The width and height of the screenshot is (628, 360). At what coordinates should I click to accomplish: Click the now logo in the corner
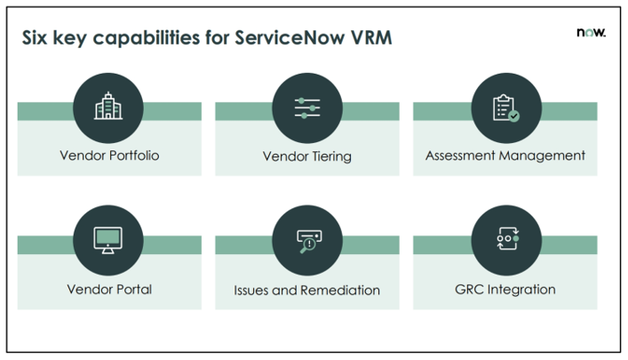(x=591, y=32)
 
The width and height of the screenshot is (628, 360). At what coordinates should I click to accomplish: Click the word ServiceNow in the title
(x=290, y=37)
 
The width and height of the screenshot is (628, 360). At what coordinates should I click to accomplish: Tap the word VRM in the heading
(x=371, y=37)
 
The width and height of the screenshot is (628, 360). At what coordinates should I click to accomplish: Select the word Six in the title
(x=35, y=37)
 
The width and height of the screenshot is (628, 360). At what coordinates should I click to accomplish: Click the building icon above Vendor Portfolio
(x=108, y=106)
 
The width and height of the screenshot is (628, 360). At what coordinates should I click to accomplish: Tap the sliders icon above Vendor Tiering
(x=307, y=108)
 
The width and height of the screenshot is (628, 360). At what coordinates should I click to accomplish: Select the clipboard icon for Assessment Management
(x=505, y=108)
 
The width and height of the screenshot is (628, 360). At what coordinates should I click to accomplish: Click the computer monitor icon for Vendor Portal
(x=107, y=240)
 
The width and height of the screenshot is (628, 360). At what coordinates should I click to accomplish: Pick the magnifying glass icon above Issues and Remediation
(x=309, y=242)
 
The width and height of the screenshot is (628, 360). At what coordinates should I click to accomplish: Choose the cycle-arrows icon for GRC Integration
(x=507, y=238)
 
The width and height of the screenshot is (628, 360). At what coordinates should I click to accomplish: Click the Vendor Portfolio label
(x=109, y=156)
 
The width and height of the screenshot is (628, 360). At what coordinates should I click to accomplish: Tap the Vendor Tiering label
(x=307, y=156)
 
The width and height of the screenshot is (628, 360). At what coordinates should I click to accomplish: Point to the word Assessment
(x=460, y=156)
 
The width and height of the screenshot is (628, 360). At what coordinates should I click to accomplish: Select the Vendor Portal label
(x=109, y=289)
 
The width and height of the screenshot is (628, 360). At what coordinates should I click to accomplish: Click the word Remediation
(x=340, y=290)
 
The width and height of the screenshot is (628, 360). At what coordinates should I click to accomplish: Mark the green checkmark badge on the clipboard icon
(x=513, y=116)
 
